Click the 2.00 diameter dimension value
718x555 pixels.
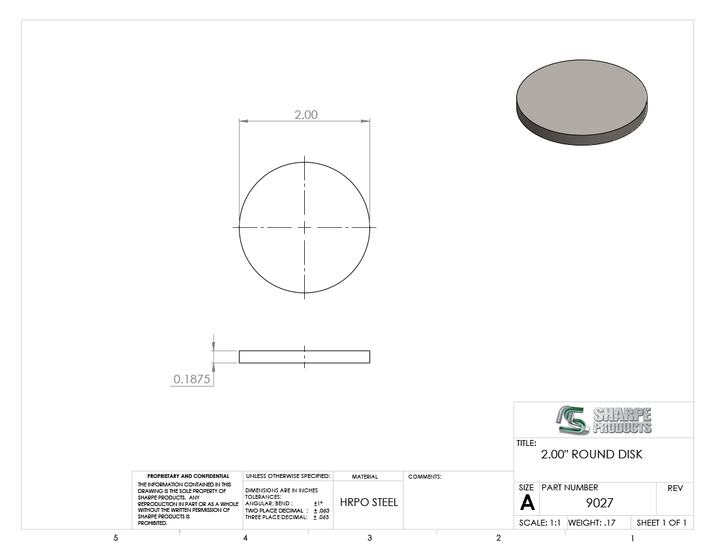[x=306, y=114]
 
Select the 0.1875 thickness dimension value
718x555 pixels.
[x=192, y=379]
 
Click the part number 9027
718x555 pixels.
[x=599, y=503]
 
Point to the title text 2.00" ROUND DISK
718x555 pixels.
[x=591, y=454]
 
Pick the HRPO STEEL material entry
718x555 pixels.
[x=369, y=502]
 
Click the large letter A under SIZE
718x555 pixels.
[x=527, y=503]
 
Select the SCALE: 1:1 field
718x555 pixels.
[x=540, y=522]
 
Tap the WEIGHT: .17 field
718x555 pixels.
[x=592, y=522]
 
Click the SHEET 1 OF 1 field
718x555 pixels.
[x=661, y=522]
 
